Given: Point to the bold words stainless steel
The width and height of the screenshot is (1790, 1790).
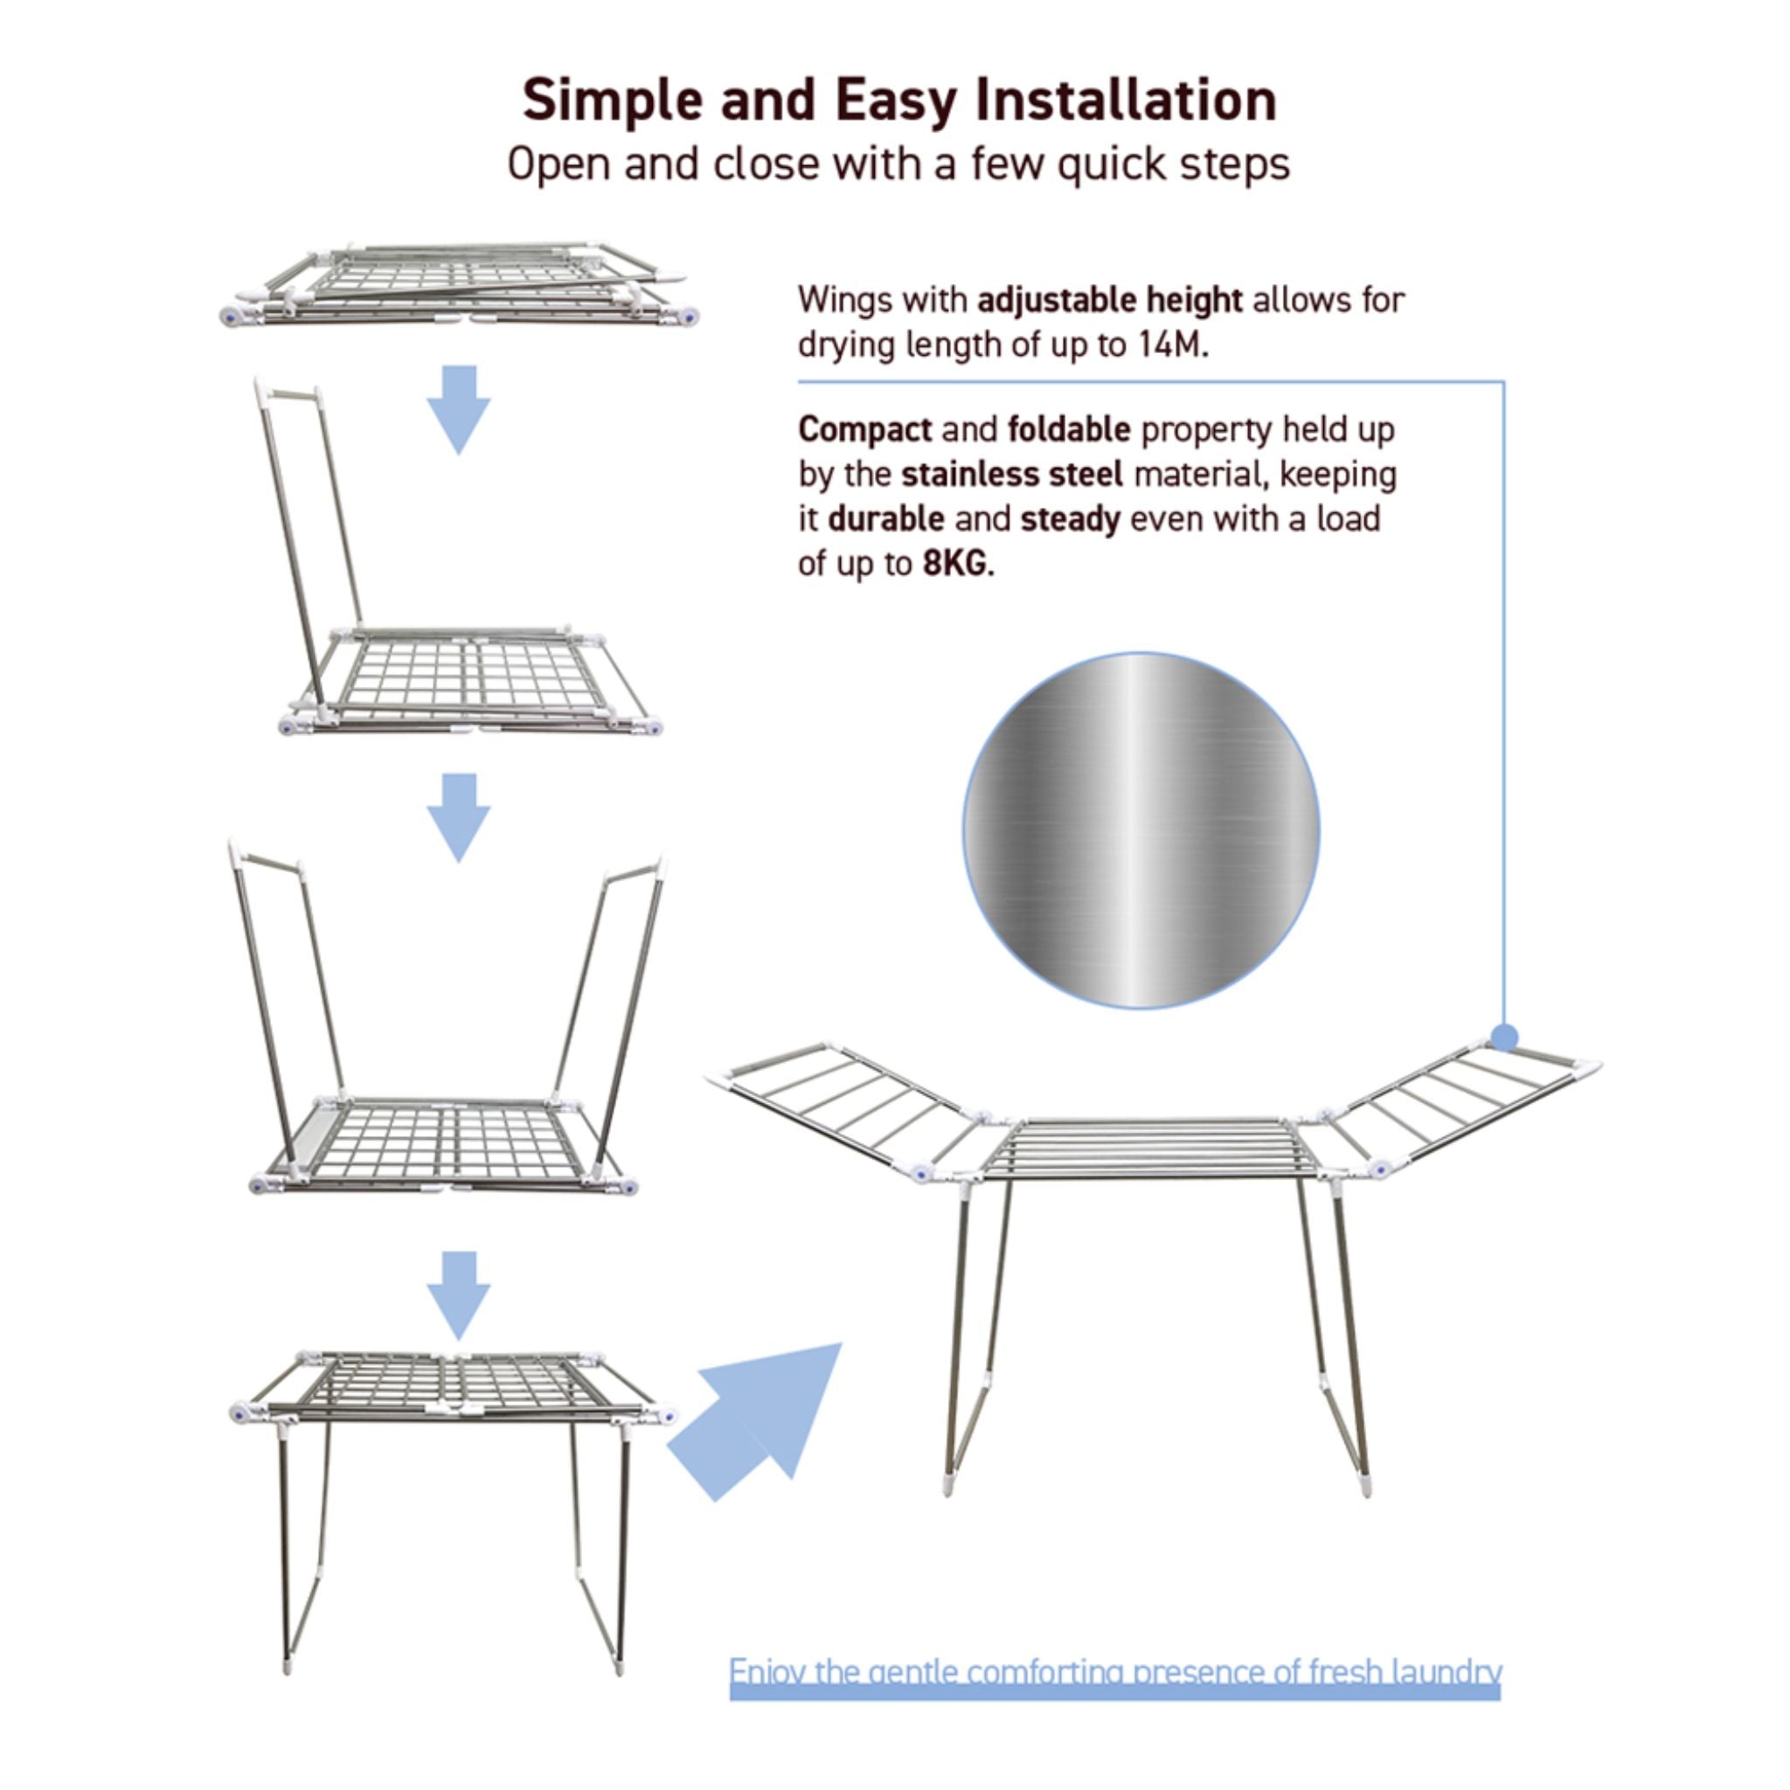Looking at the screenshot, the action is click(1012, 475).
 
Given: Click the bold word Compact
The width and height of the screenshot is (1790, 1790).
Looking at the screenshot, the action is click(865, 431).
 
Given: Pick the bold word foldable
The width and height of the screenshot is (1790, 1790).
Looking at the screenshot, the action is click(1069, 430).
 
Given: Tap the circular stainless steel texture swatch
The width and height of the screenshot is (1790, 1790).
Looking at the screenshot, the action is click(1141, 830).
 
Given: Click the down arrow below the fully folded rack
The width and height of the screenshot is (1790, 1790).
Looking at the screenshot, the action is click(459, 410).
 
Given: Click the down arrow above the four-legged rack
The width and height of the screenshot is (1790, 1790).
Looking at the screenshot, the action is click(459, 1296).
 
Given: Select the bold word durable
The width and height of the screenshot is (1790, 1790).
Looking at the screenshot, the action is click(885, 519).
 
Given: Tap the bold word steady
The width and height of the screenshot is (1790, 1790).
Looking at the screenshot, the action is click(1070, 520).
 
